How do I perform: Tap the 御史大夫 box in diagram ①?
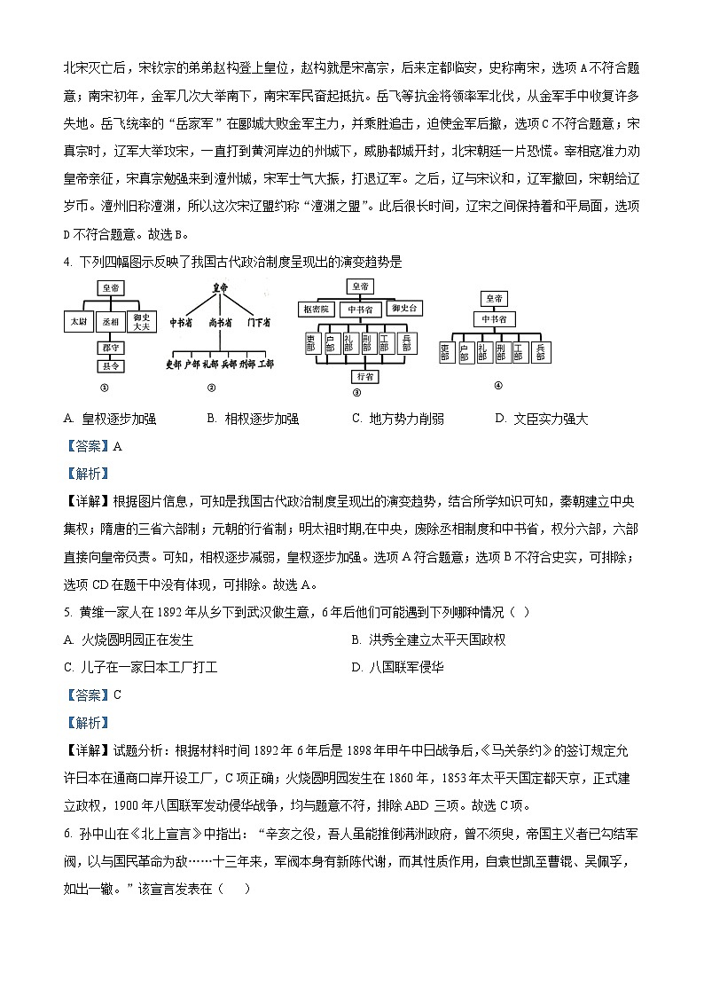pyautogui.click(x=141, y=320)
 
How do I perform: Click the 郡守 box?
pyautogui.click(x=110, y=349)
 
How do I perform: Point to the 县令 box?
pyautogui.click(x=110, y=365)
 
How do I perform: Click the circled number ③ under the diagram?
pyautogui.click(x=357, y=392)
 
